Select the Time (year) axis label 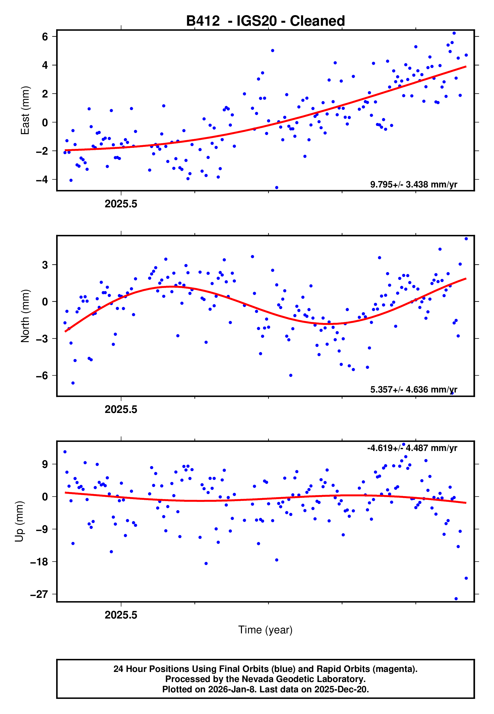[x=265, y=630]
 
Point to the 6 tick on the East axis [x=45, y=37]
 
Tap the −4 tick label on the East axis [x=42, y=180]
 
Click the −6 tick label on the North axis [x=42, y=376]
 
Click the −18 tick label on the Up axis [x=39, y=562]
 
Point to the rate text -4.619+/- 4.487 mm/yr [x=412, y=448]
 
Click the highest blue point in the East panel [x=454, y=33]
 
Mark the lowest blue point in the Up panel [x=456, y=599]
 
